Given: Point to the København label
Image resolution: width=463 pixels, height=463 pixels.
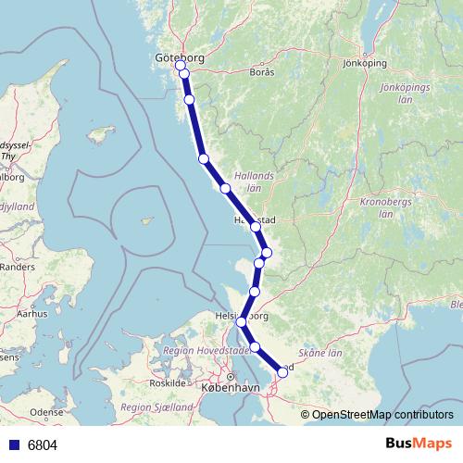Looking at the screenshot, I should tap(228, 390).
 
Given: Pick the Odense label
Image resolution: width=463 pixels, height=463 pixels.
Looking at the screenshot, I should tap(46, 412).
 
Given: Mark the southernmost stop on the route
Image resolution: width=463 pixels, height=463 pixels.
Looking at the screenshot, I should tap(282, 372).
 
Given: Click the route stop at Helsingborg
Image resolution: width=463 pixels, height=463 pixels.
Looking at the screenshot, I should tap(242, 321).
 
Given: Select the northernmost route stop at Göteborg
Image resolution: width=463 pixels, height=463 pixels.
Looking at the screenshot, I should tap(181, 66).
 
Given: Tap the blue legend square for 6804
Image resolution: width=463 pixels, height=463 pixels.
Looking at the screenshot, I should tap(14, 445).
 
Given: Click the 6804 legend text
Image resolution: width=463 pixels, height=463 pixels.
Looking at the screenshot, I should tap(43, 445).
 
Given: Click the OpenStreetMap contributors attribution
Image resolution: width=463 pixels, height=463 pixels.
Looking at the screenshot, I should tap(382, 415).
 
